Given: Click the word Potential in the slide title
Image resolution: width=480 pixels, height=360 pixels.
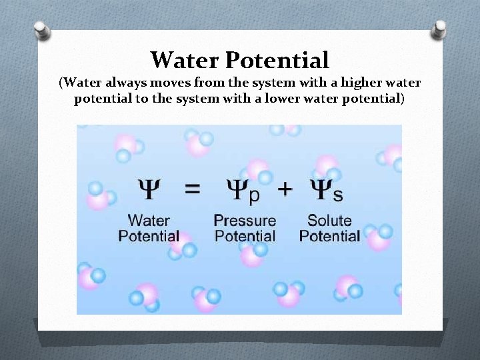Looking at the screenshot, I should [x=277, y=60].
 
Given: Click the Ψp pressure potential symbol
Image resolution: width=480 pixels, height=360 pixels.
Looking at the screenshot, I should [x=243, y=191].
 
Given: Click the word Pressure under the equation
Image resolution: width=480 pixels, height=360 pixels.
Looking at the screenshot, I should [x=244, y=221].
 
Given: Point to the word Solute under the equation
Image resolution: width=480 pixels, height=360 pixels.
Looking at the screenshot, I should [x=329, y=220].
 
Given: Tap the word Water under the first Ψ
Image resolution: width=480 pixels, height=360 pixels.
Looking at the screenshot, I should [x=149, y=220].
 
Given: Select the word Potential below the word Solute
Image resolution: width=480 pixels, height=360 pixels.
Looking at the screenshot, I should [x=329, y=236].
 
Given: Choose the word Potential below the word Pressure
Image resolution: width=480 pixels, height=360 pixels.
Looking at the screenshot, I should [x=245, y=236].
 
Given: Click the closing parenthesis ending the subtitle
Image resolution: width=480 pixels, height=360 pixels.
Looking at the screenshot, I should [x=402, y=99].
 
